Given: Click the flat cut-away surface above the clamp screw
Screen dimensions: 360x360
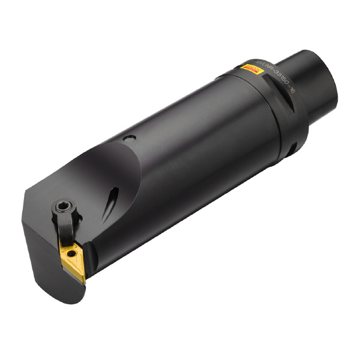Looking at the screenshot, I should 90,180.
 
